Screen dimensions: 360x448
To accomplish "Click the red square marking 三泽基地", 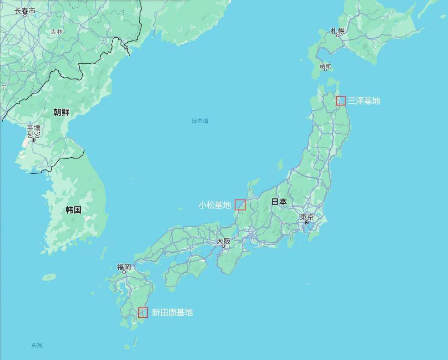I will [341, 100].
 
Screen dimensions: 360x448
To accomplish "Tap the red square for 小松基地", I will [240, 205].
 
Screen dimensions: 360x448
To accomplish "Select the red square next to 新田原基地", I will [143, 312].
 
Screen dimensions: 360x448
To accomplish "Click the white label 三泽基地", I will [364, 101].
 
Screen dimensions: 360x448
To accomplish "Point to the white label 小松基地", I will [215, 205].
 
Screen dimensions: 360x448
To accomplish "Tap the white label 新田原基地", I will [172, 312].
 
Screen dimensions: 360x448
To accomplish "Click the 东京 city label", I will [307, 217].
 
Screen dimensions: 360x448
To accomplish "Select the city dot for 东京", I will [307, 222].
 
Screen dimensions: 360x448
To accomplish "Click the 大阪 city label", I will [223, 241].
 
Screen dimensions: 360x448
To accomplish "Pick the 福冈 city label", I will [124, 267].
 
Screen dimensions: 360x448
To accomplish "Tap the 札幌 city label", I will [337, 31].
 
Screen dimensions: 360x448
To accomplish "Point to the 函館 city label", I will [325, 67].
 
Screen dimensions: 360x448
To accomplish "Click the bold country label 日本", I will [279, 202].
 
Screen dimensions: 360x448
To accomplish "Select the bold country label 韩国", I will [73, 210].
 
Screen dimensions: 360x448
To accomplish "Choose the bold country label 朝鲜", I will [61, 112].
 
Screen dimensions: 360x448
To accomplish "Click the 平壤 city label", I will [33, 129].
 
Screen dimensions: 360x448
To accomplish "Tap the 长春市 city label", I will [25, 10].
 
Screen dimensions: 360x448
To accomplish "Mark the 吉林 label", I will [56, 32].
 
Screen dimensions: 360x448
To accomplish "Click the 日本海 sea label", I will [200, 121].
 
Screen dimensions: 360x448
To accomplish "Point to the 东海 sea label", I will [36, 346].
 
